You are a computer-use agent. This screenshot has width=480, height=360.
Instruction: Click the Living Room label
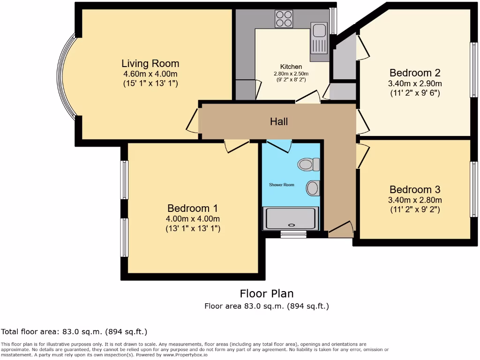[x=150, y=63]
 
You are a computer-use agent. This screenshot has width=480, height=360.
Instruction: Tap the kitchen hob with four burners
[x=284, y=19]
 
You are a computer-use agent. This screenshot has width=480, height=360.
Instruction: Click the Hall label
[x=279, y=121]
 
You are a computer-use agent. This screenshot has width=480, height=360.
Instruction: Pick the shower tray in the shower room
[x=291, y=218]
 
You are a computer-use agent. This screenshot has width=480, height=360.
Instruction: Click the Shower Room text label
[x=282, y=185]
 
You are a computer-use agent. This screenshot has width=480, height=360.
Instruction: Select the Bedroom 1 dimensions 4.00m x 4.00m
[x=193, y=218]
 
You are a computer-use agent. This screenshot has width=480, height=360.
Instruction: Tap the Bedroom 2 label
[x=415, y=73]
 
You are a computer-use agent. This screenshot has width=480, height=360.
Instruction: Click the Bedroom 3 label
[x=415, y=189]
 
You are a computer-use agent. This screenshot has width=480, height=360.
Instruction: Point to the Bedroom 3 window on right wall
[x=474, y=189]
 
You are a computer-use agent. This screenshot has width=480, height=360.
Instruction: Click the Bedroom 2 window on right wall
[x=474, y=70]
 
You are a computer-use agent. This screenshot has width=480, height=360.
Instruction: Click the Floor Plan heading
[x=267, y=293]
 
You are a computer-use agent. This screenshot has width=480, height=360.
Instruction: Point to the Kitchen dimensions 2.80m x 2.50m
[x=291, y=74]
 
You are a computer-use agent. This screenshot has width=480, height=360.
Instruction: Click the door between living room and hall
[x=193, y=121]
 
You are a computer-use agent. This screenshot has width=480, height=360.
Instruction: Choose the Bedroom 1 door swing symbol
[x=236, y=146]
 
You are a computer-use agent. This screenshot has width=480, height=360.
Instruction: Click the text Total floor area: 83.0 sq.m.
[x=74, y=332]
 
